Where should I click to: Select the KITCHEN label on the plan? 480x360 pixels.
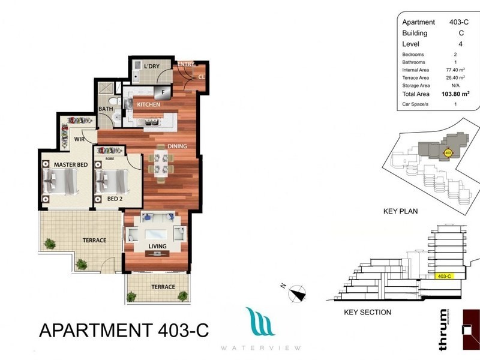tap(149, 104)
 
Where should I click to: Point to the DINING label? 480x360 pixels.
tap(178, 146)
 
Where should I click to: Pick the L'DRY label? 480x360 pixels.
tap(151, 66)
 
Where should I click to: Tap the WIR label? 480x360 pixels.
tap(79, 139)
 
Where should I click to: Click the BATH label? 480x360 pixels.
tap(106, 109)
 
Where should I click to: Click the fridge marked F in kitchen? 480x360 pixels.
tap(162, 91)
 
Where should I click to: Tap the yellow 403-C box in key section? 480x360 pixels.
tap(445, 276)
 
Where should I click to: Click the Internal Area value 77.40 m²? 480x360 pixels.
tap(452, 70)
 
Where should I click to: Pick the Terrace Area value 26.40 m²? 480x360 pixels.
tap(452, 78)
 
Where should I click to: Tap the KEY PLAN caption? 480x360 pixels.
tap(400, 211)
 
